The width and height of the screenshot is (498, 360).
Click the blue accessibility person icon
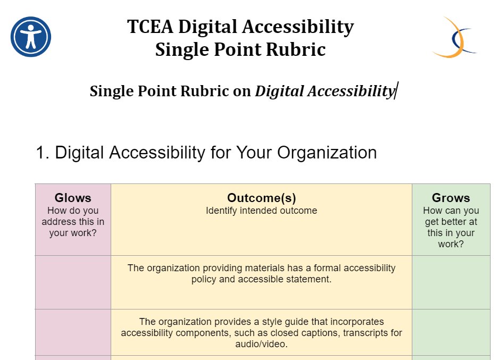click(31, 37)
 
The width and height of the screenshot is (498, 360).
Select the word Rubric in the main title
click(300, 49)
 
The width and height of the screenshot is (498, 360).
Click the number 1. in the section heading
click(43, 153)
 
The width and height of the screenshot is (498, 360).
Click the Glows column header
click(73, 198)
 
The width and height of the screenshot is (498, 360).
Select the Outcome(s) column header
click(261, 198)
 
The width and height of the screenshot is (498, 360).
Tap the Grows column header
click(451, 198)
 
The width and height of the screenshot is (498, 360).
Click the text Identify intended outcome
click(261, 211)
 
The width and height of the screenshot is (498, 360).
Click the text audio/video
click(261, 345)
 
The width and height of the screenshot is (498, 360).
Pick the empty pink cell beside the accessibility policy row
click(73, 282)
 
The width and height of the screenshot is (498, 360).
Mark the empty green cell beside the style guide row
click(451, 332)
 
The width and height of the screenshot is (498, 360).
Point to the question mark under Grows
click(461, 245)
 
